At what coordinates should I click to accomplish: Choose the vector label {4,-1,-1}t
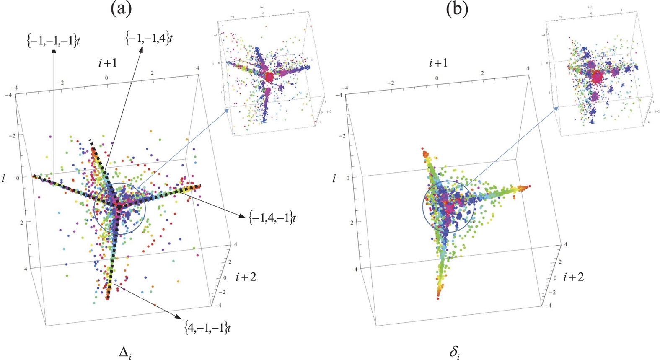(x=207, y=327)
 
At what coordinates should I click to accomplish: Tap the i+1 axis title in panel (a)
(x=107, y=63)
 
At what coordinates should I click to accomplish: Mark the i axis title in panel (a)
(x=4, y=179)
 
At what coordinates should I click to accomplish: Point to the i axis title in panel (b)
(x=334, y=179)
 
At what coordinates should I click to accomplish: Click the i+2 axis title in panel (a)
(x=246, y=277)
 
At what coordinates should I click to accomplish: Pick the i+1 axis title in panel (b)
(x=438, y=63)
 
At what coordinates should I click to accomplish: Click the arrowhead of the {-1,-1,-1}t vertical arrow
(x=54, y=51)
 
